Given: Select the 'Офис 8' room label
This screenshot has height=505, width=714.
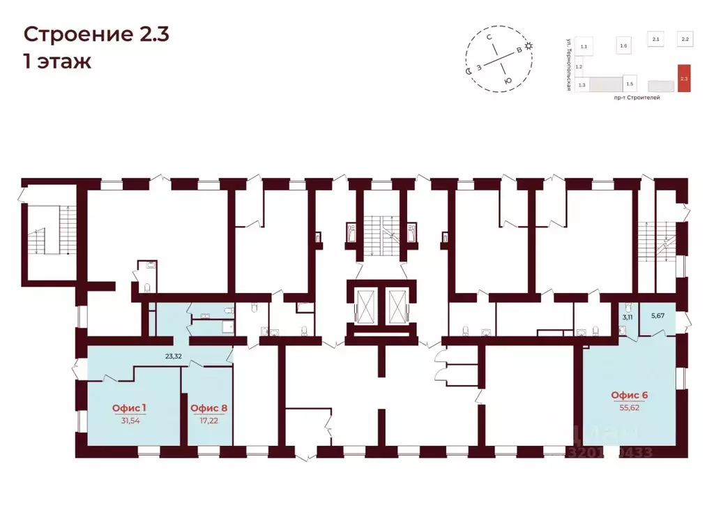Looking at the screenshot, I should (208, 407).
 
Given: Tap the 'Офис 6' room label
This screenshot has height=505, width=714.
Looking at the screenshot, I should (629, 395).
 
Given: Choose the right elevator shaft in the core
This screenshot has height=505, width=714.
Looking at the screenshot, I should (395, 305).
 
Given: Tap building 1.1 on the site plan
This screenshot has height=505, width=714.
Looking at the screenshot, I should (584, 46).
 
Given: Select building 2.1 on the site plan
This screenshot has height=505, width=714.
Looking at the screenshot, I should (655, 40).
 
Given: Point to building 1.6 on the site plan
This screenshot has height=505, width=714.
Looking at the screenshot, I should (623, 46).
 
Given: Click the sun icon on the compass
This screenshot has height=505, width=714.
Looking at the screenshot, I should (529, 46).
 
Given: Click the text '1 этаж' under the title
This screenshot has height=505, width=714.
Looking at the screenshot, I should (57, 61).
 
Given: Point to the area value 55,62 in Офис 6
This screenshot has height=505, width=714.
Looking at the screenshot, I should (629, 407).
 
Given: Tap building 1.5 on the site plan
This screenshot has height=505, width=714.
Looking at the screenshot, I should (630, 83).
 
